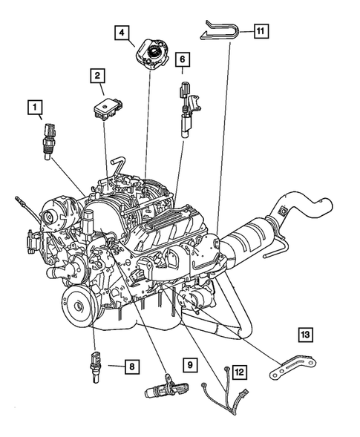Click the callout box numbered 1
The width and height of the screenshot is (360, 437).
[34, 108]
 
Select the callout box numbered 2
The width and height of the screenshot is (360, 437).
[96, 75]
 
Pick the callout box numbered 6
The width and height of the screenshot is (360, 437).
[183, 57]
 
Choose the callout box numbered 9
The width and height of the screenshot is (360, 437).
[190, 364]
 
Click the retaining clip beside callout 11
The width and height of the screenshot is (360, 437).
[220, 32]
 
